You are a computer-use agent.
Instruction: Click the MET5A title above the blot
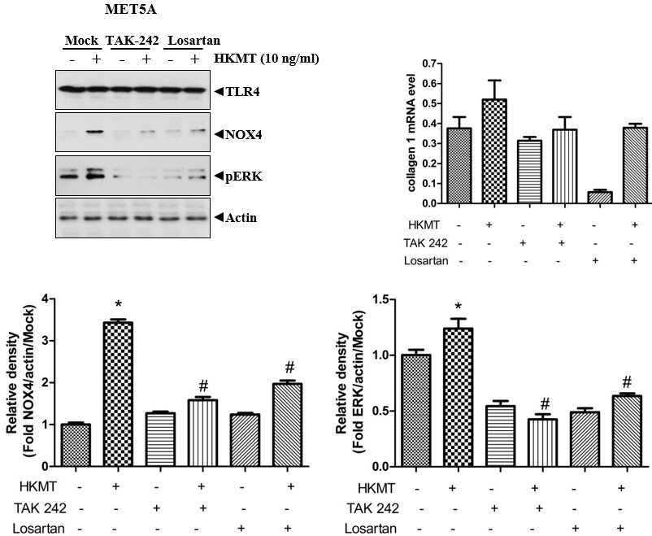click(131, 10)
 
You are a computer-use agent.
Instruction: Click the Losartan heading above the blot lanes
click(193, 41)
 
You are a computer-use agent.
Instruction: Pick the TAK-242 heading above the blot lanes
click(133, 41)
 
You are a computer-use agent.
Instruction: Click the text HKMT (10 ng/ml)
click(267, 59)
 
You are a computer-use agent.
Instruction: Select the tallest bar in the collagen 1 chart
click(494, 151)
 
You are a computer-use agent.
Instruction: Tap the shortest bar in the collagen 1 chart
click(595, 198)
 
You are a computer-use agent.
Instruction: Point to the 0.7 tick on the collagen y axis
click(430, 64)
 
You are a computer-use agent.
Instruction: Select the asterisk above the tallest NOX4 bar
click(119, 306)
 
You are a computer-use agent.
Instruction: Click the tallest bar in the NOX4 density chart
click(118, 394)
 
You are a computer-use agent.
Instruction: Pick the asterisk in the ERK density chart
click(459, 307)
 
